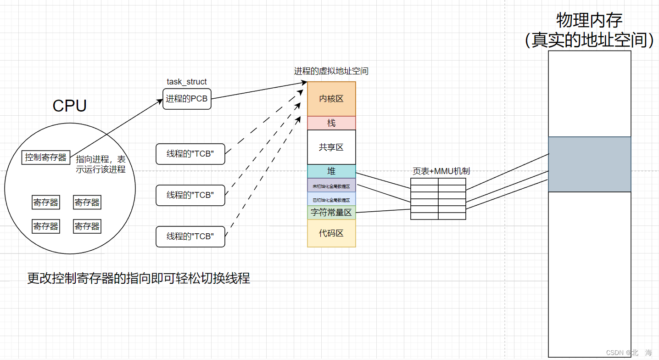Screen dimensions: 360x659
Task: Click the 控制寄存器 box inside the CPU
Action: [x=46, y=157]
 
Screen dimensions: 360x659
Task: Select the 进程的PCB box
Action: [x=187, y=99]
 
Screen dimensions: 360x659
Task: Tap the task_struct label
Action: [x=186, y=82]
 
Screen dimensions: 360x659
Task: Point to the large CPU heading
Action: [x=70, y=106]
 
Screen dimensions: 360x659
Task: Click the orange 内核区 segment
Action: [x=331, y=99]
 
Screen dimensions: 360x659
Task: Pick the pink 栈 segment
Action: [x=331, y=123]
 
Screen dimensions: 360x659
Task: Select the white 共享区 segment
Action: [x=331, y=147]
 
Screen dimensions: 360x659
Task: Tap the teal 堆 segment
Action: [x=331, y=171]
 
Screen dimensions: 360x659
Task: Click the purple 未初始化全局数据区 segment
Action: [x=331, y=186]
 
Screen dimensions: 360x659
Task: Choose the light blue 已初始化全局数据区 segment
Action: [x=331, y=199]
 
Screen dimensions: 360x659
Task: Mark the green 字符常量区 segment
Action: [x=331, y=213]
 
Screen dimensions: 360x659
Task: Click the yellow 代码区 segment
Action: [x=331, y=233]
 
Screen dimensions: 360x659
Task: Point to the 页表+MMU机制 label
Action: [x=441, y=171]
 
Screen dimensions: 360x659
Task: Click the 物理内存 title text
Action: [x=589, y=21]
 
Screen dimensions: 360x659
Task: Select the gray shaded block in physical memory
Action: [x=589, y=164]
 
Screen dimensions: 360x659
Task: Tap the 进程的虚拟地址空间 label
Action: [x=331, y=71]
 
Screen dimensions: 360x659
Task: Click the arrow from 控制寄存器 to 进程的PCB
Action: [x=115, y=128]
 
